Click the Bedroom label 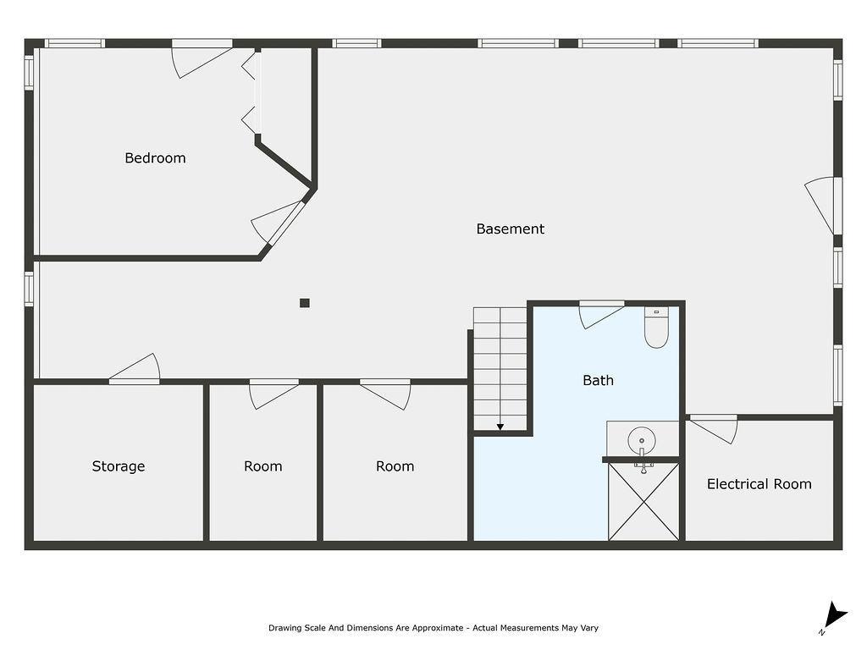pyautogui.click(x=155, y=157)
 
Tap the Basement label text pyautogui.click(x=510, y=229)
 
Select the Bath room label pyautogui.click(x=598, y=380)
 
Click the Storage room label pyautogui.click(x=119, y=466)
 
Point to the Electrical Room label pyautogui.click(x=759, y=484)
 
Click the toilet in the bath pyautogui.click(x=656, y=328)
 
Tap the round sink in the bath pyautogui.click(x=642, y=441)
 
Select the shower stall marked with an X pyautogui.click(x=643, y=501)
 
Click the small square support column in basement pyautogui.click(x=305, y=303)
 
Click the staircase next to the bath pyautogui.click(x=500, y=368)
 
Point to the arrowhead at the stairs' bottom pyautogui.click(x=500, y=427)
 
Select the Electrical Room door pyautogui.click(x=714, y=427)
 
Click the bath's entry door pyautogui.click(x=600, y=314)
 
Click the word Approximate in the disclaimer pyautogui.click(x=432, y=628)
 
